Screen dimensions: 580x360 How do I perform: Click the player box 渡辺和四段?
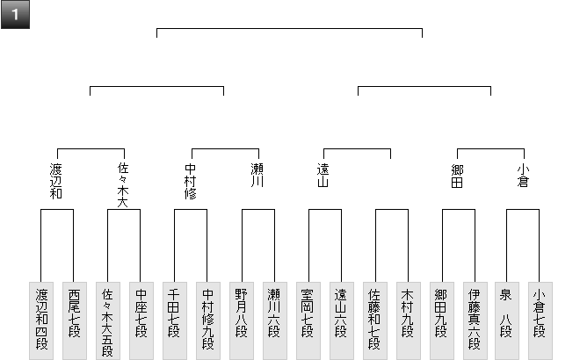[41, 320]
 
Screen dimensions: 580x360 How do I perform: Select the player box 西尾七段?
[74, 320]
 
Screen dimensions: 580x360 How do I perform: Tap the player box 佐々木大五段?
[107, 320]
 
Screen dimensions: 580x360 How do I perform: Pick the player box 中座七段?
[141, 320]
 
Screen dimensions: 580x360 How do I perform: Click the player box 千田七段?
[174, 320]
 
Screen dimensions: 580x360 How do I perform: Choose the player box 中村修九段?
[207, 320]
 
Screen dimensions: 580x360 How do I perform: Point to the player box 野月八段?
[241, 320]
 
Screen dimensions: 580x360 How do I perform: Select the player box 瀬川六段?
[274, 320]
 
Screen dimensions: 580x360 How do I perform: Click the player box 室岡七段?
[308, 320]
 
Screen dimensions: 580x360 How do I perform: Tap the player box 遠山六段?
[341, 320]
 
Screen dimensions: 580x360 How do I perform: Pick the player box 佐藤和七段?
[374, 320]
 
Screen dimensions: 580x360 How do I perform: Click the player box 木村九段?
[408, 320]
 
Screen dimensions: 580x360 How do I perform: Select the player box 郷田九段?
[441, 320]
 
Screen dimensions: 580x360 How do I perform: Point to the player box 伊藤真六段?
[475, 320]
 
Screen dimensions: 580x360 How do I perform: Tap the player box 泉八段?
[508, 320]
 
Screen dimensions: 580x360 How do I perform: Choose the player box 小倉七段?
[540, 320]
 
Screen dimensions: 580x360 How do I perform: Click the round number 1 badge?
[16, 16]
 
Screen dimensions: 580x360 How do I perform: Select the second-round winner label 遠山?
[323, 176]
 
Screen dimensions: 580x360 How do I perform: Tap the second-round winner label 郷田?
[457, 176]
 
